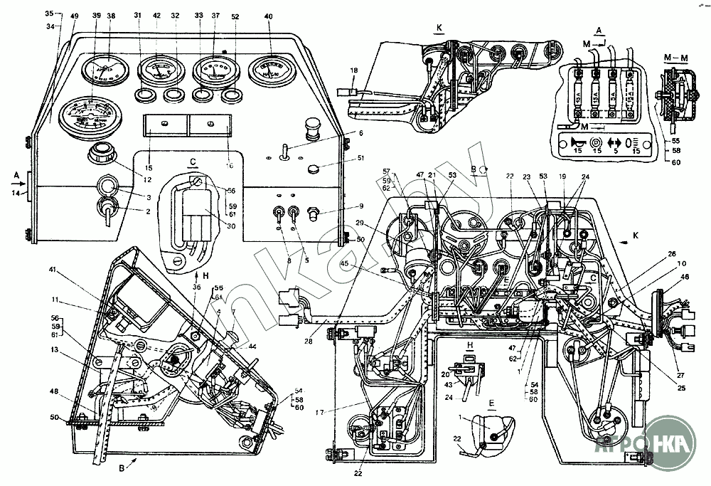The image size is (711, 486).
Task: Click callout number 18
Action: [353, 70]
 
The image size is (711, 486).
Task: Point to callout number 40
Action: [267, 16]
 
